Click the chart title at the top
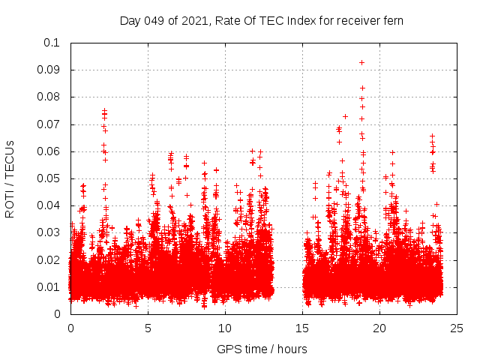[262, 20]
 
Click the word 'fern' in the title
[392, 20]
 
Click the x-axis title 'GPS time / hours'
[262, 349]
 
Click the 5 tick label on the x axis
[148, 328]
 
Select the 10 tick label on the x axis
[225, 328]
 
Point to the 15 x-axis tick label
[303, 328]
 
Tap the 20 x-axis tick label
[380, 328]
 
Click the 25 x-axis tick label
[457, 328]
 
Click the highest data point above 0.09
[361, 62]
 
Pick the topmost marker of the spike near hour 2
[104, 110]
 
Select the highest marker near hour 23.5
[432, 136]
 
